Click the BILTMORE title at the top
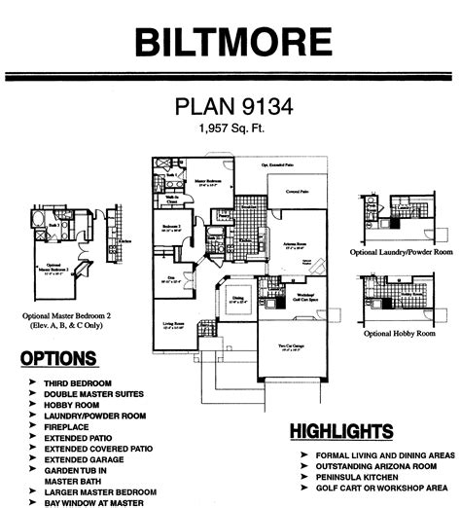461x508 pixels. (230, 42)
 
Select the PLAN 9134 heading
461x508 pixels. (230, 106)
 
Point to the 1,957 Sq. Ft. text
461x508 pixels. (230, 127)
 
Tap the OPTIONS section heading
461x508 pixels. (57, 359)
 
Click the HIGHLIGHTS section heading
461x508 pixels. (341, 431)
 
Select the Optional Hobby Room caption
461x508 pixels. (398, 333)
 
